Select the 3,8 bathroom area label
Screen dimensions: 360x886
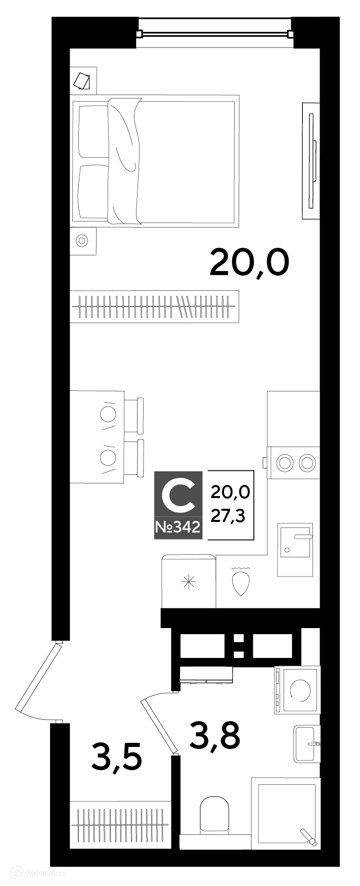tap(214, 736)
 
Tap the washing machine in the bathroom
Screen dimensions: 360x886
tap(297, 690)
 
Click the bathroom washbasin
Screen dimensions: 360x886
tap(307, 744)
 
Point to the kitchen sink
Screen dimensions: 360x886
tap(295, 549)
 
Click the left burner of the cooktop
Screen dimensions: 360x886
tap(285, 462)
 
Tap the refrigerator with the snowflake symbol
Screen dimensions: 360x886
tap(189, 582)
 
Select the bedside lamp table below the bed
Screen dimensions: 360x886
tap(82, 241)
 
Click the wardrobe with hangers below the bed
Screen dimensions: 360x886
tap(154, 306)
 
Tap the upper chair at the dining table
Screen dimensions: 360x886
tap(134, 415)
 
